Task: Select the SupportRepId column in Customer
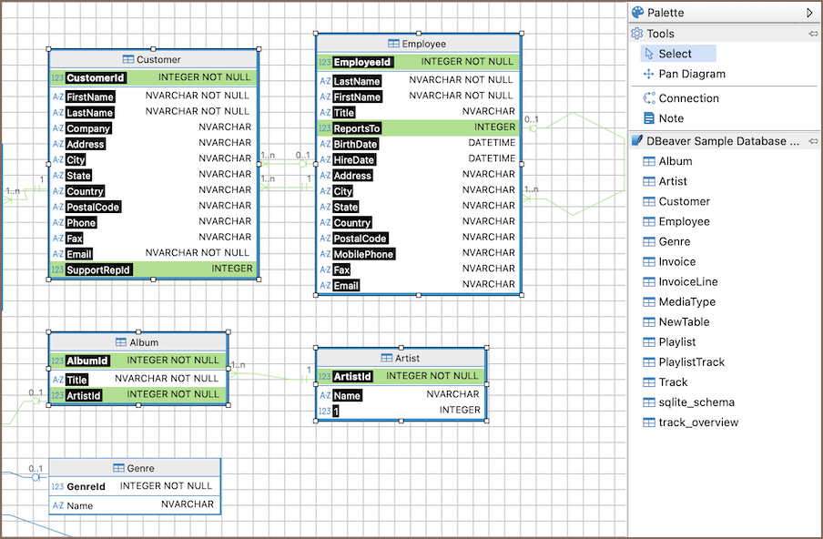coord(98,269)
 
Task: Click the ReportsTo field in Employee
coord(357,128)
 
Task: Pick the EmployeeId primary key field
coord(362,62)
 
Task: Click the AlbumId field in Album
coord(87,361)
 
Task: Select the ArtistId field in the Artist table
coord(353,376)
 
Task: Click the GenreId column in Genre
coord(86,486)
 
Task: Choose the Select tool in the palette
coord(675,54)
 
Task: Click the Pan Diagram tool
coord(692,74)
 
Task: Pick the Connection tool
coord(688,98)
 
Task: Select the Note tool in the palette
coord(671,118)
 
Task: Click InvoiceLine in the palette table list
coord(687,281)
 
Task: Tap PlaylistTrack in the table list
coord(691,361)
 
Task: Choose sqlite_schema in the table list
coord(696,402)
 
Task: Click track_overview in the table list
coord(698,422)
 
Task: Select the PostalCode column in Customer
coord(93,207)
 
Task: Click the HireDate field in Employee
coord(353,159)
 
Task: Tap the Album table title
coord(144,342)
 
